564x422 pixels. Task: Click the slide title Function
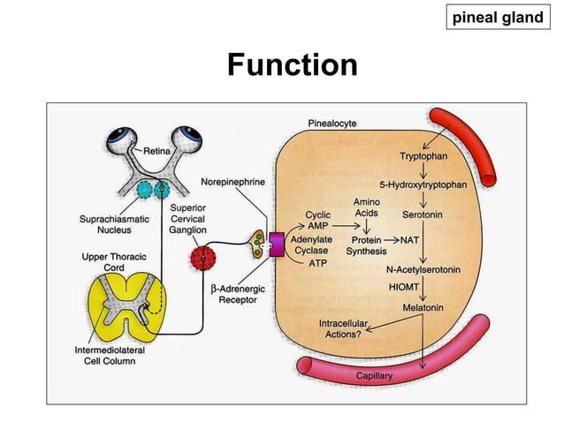coord(292,65)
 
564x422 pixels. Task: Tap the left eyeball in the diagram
coord(122,139)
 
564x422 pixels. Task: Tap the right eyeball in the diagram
coord(189,139)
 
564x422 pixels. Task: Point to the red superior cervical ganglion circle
coord(202,259)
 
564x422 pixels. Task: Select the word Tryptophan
coord(423,156)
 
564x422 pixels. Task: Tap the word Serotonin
coord(423,214)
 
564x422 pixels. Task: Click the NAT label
coord(409,239)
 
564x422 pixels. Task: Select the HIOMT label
coord(405,287)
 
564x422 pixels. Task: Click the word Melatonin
coord(423,306)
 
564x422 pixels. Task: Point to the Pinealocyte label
coord(332,124)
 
